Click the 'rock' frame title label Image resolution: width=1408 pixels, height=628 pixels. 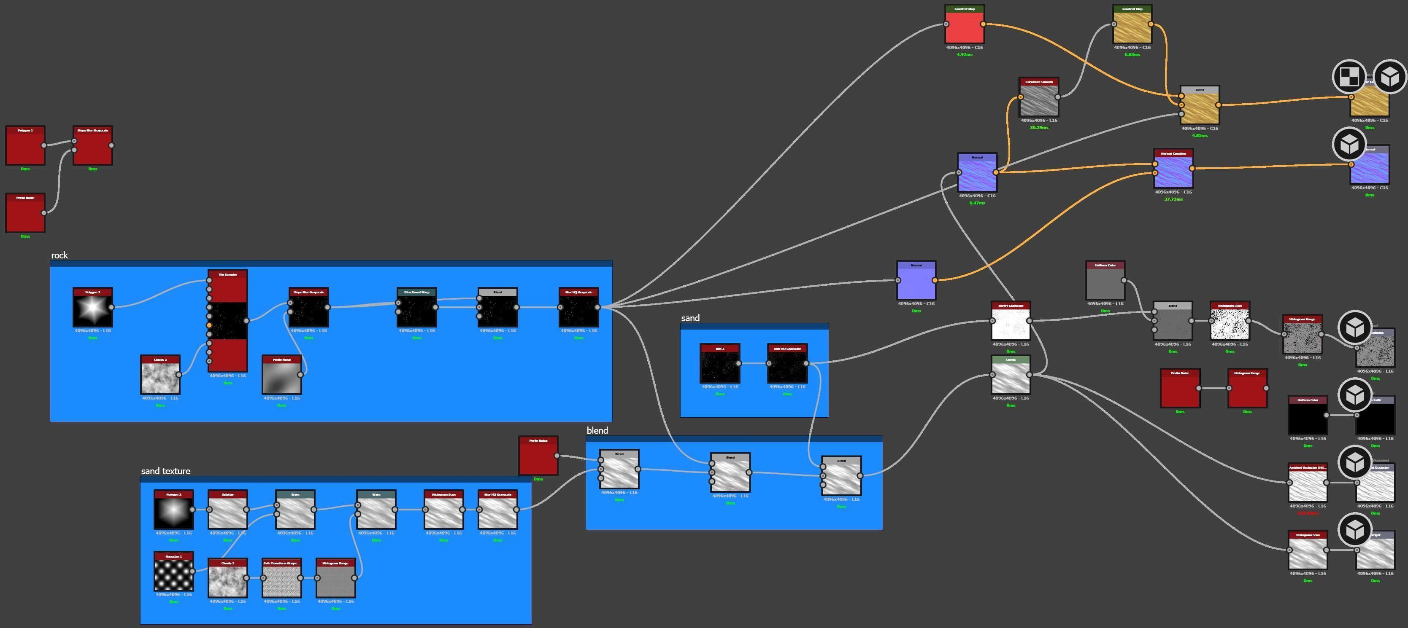59,255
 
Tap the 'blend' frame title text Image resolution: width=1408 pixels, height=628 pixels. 597,430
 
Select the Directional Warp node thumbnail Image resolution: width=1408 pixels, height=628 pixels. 416,310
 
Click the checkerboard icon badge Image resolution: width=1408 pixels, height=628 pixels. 1349,76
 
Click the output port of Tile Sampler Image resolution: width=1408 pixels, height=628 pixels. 246,321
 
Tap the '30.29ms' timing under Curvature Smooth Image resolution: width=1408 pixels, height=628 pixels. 1038,128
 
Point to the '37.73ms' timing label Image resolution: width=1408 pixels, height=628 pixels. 1173,199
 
